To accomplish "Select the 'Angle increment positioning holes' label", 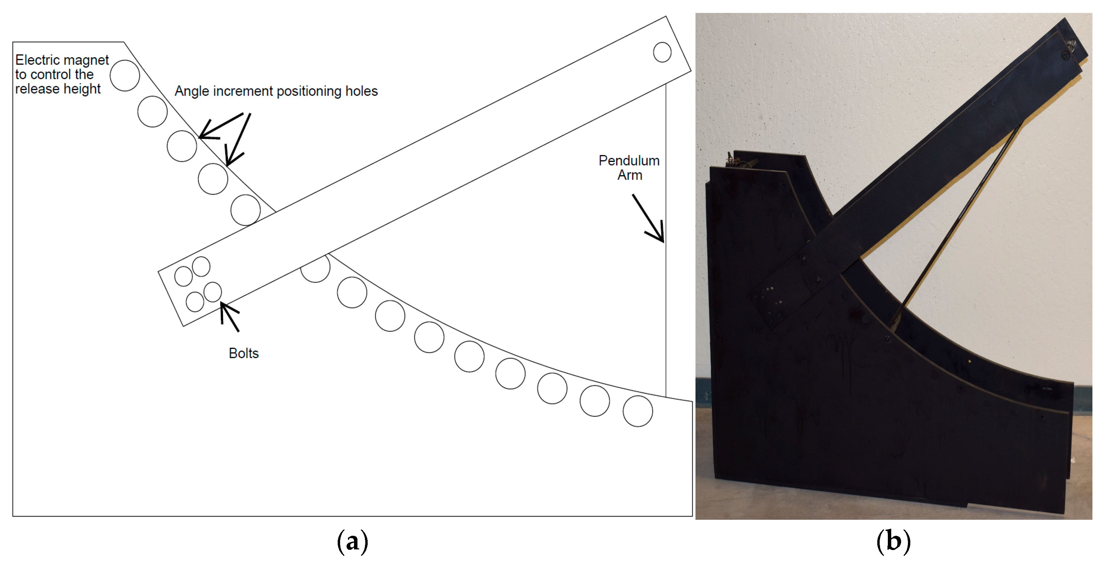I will point(276,91).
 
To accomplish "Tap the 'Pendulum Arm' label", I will point(629,168).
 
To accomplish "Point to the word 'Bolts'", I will point(243,353).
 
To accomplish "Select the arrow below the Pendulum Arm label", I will point(649,218).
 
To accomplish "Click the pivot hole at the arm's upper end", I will point(662,52).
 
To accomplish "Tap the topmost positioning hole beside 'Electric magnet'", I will point(125,76).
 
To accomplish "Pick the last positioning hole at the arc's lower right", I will point(637,411).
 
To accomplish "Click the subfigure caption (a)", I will point(352,542).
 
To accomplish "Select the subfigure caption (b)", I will point(893,542).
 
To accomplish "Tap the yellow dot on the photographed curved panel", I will point(970,361).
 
